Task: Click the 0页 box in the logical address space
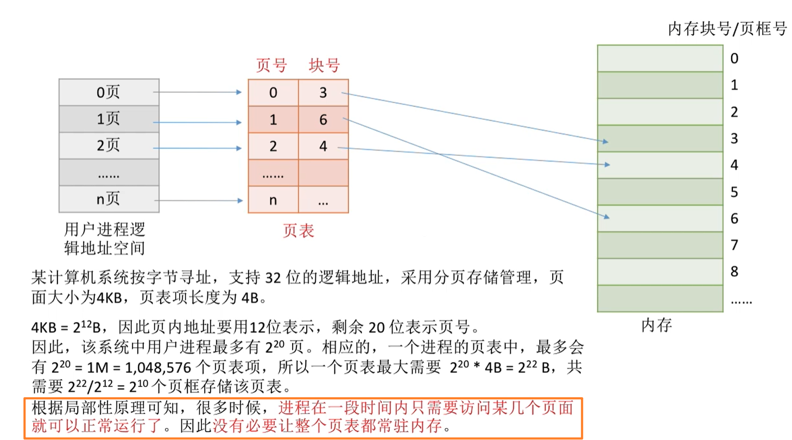point(109,92)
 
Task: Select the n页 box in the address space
point(109,199)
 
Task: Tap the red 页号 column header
point(271,66)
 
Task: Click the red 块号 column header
point(324,66)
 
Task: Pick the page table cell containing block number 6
point(323,120)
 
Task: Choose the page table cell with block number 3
point(323,93)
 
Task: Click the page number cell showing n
point(273,200)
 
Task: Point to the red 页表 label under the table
point(298,231)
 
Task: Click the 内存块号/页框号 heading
point(727,29)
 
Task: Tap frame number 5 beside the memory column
point(734,192)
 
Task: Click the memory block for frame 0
point(660,58)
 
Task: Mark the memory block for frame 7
point(660,245)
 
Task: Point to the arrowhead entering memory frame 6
point(607,217)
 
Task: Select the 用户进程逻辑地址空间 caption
point(105,237)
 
